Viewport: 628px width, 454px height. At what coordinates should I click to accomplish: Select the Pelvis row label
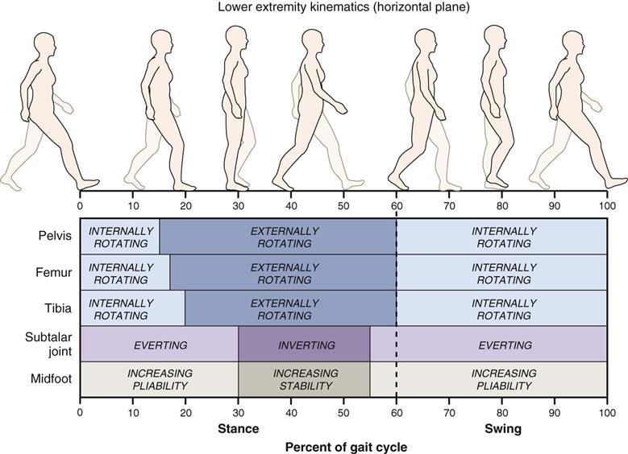[x=56, y=236]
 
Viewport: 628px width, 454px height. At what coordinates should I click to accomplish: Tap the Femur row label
[x=55, y=272]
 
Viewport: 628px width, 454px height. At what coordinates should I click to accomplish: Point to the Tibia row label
[x=57, y=307]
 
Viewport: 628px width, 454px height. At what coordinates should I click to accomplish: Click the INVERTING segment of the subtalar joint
[x=303, y=345]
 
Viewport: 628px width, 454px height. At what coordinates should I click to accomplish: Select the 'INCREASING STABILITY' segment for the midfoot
[x=303, y=380]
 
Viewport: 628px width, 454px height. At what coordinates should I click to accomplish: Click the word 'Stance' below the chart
[x=239, y=429]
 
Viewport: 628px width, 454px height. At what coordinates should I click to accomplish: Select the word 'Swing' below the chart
[x=503, y=429]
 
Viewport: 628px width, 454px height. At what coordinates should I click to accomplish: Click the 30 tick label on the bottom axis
[x=238, y=411]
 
